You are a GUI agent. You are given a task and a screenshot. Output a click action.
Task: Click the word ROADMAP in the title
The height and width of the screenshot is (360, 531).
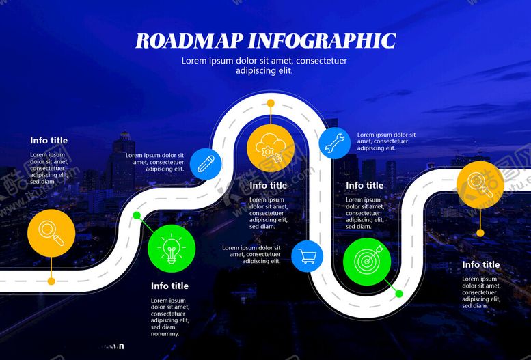tap(189, 41)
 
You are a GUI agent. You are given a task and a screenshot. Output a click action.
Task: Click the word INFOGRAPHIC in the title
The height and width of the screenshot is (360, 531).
tap(321, 41)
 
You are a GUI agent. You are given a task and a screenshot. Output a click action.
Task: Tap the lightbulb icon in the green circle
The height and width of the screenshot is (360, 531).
tap(172, 248)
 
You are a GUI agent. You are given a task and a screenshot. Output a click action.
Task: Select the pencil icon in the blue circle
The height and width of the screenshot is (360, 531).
tap(206, 163)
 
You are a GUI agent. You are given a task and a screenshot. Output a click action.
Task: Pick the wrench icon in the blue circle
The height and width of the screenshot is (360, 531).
tap(335, 143)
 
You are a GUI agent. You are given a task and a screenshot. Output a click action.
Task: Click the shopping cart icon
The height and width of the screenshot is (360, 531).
tap(308, 257)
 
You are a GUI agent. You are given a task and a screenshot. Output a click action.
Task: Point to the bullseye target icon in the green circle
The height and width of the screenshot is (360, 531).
tap(367, 262)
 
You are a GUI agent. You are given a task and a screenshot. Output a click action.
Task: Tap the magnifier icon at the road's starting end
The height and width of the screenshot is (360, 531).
tap(51, 233)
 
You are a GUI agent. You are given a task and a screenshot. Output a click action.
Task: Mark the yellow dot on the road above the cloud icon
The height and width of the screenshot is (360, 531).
tap(271, 103)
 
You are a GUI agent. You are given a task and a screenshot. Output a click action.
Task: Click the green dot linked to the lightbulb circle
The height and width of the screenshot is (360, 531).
tap(137, 216)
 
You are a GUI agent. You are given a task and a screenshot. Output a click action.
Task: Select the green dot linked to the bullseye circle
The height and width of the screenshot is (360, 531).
tap(399, 294)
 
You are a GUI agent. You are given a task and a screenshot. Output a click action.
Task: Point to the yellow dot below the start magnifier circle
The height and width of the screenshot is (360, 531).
tap(51, 281)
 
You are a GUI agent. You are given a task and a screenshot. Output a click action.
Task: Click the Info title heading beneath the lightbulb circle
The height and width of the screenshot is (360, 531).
tap(169, 286)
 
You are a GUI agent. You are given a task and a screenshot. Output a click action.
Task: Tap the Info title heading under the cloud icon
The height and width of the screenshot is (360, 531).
tap(269, 185)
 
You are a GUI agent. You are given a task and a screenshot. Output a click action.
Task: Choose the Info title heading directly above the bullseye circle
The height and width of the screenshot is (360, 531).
tap(364, 185)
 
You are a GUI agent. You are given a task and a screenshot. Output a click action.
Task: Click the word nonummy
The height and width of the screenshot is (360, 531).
tap(165, 334)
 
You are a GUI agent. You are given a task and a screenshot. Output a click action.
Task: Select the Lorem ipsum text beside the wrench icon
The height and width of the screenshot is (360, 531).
tap(386, 141)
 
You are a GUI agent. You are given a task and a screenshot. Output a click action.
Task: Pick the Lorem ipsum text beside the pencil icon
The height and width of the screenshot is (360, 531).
tap(155, 162)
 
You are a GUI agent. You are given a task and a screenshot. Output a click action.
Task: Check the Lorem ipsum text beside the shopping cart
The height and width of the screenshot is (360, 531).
tap(251, 254)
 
